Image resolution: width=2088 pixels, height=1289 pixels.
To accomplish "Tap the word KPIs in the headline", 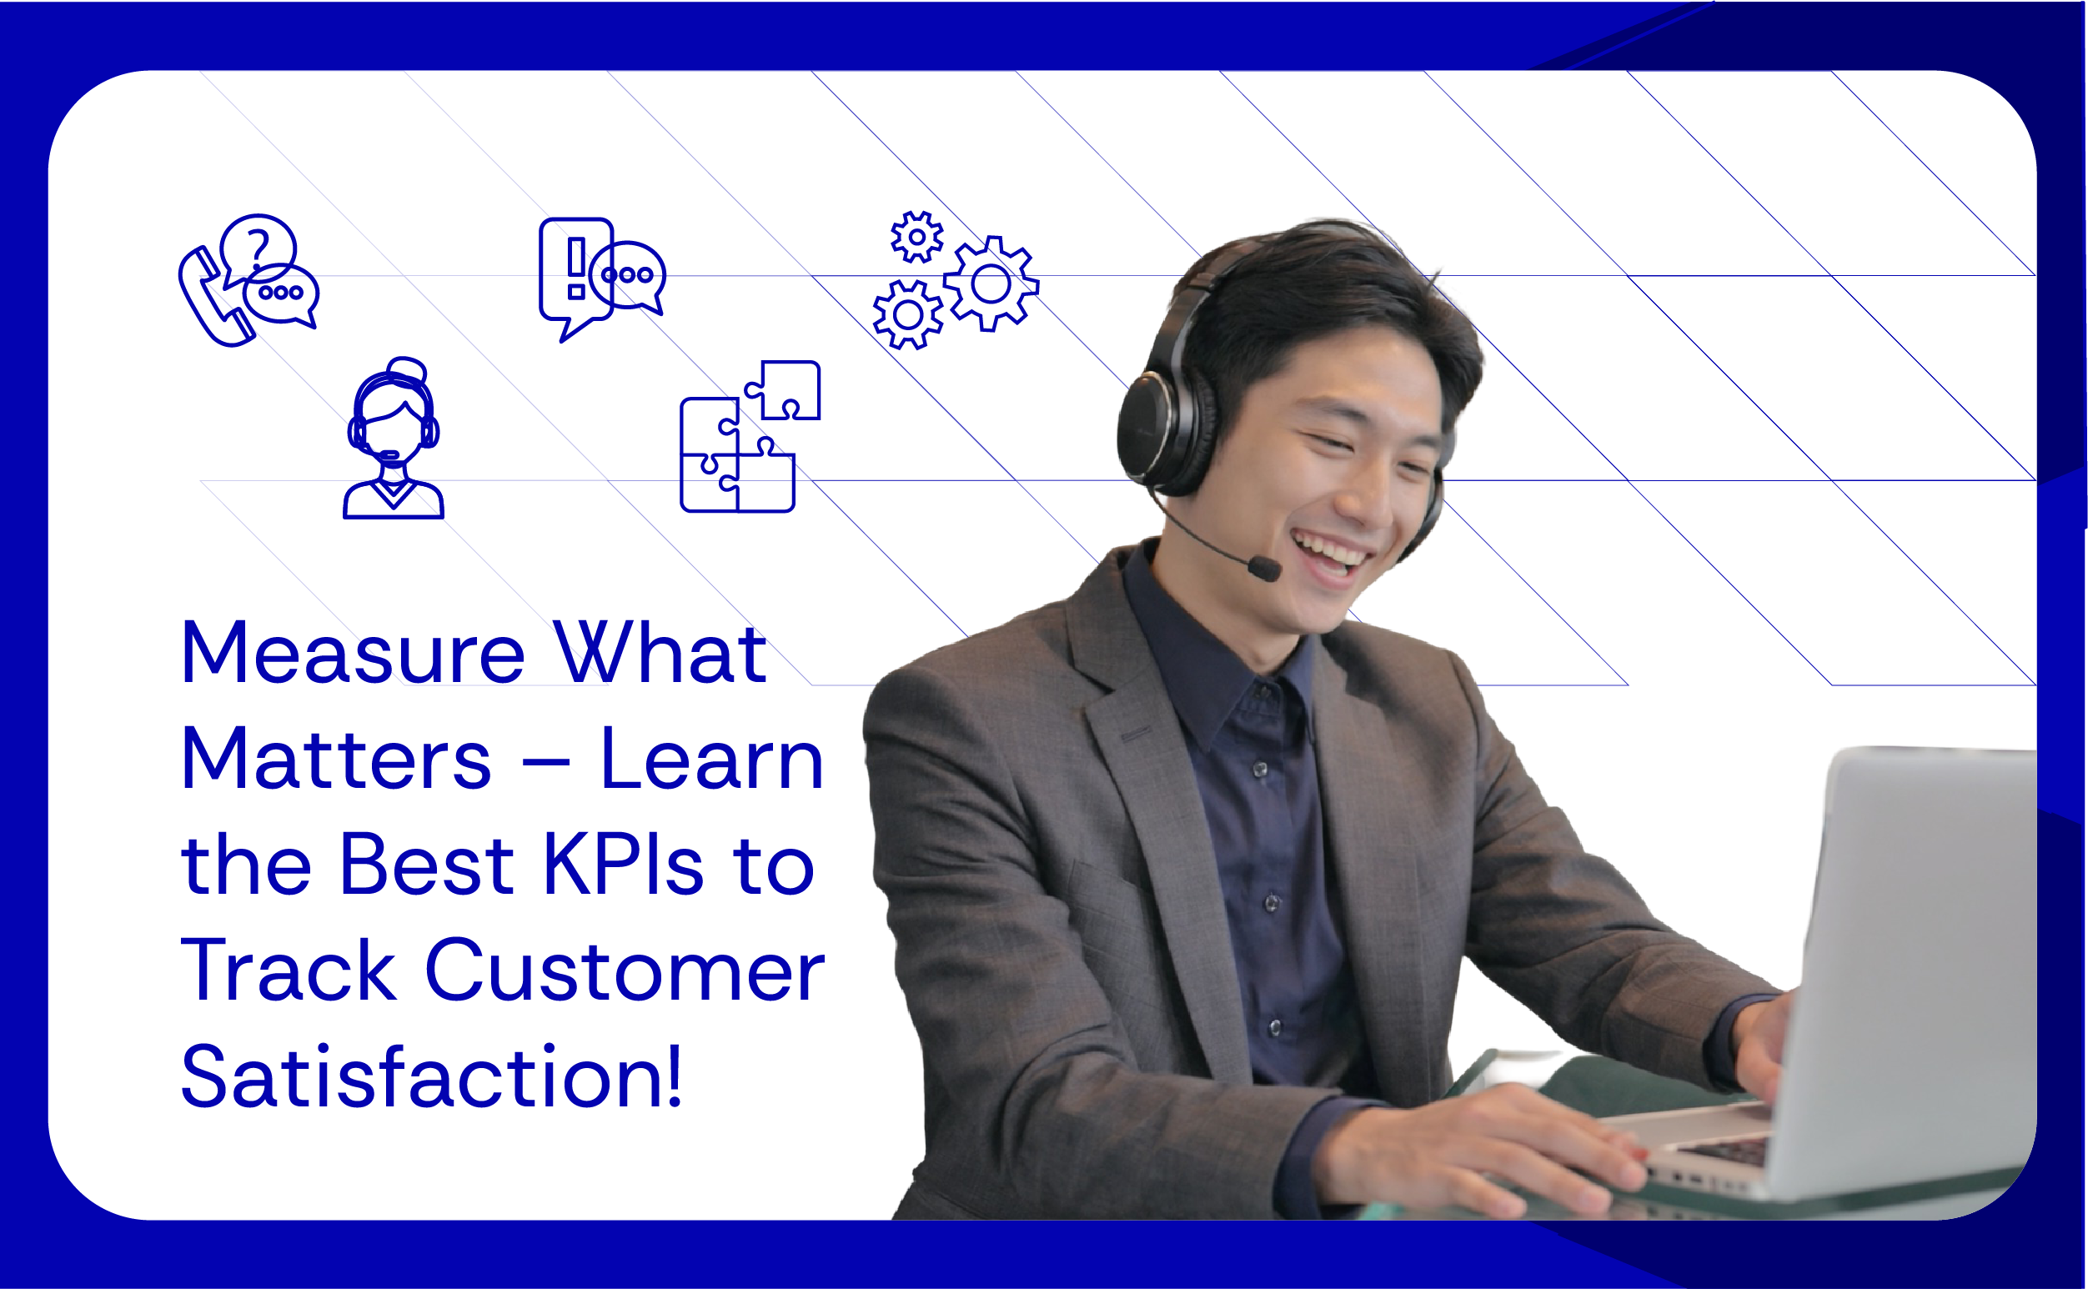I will coord(622,865).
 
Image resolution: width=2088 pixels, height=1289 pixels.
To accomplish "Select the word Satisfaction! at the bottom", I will coord(431,1078).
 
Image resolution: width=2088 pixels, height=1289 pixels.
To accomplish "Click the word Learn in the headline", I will coord(712,760).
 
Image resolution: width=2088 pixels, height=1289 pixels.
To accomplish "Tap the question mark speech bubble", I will coord(258,243).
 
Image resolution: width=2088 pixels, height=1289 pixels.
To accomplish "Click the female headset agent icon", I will coord(393,439).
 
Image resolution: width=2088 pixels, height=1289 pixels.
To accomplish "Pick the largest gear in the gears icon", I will coord(991,283).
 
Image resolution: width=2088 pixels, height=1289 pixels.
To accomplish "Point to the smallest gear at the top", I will coord(916,236).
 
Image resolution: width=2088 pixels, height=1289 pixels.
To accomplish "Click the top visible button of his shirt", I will coord(1259,770).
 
